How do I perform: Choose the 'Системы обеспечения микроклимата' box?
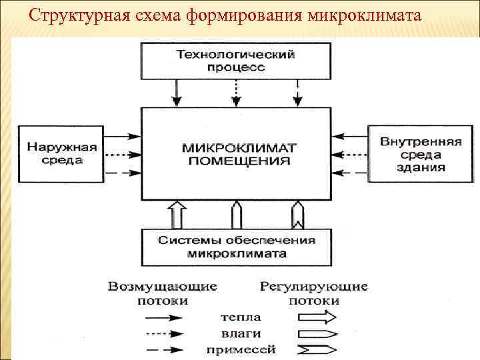point(237,247)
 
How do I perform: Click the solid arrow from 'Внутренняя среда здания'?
point(351,136)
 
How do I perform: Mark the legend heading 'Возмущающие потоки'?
point(163,293)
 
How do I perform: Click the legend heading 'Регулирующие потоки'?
point(313,293)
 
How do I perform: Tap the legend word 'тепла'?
point(244,317)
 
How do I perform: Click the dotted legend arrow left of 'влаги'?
point(164,333)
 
